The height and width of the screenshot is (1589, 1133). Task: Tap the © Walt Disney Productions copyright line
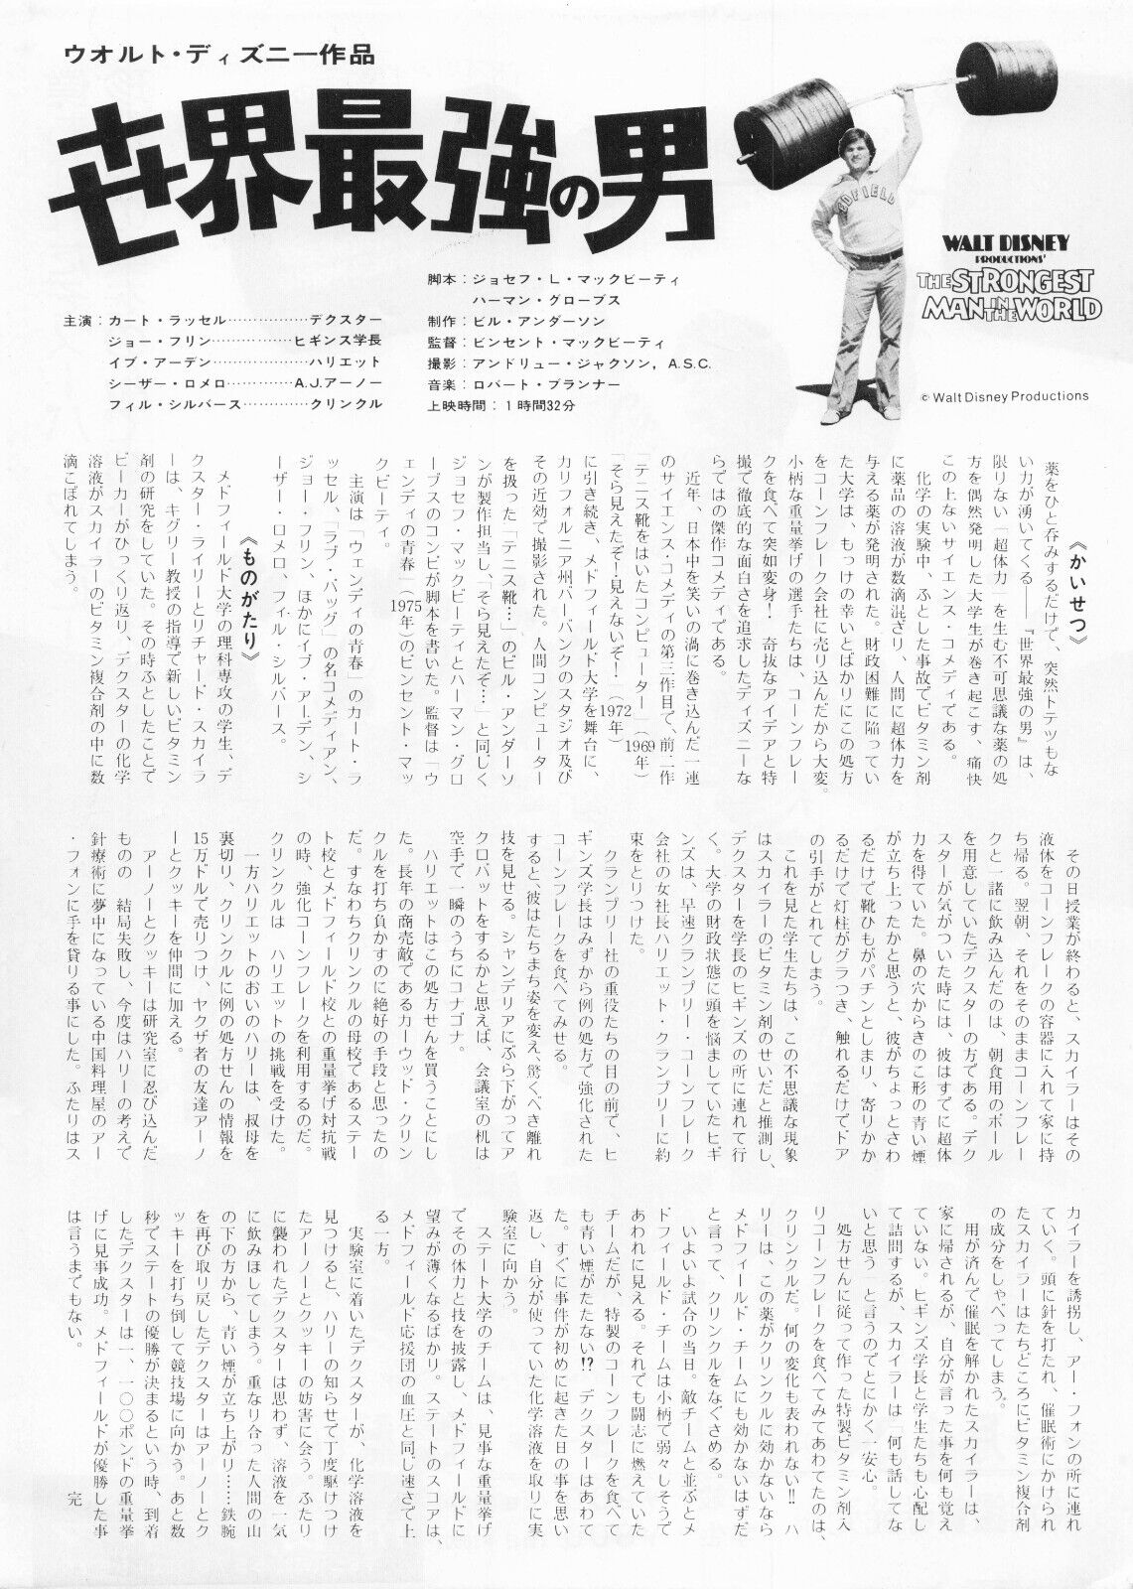pos(1004,395)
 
